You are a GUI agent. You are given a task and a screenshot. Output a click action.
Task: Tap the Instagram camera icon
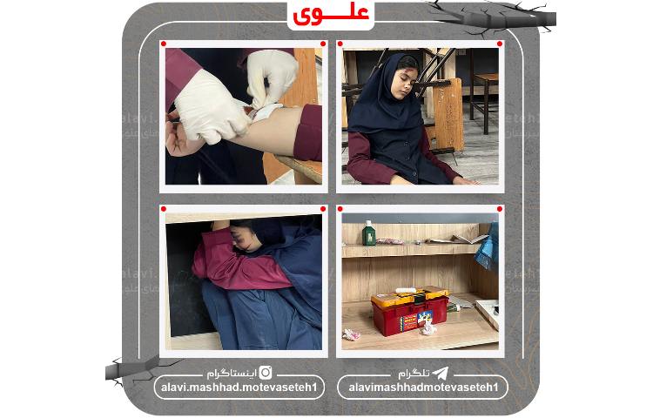click(266, 372)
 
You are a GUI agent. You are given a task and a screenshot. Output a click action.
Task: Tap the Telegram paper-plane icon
click(442, 372)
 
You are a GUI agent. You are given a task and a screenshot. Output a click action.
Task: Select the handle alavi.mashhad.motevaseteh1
click(239, 388)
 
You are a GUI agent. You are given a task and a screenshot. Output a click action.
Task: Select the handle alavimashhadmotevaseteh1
click(422, 388)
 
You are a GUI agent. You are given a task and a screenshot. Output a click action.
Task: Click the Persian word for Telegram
click(414, 372)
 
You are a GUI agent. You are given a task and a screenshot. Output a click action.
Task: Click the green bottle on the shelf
click(369, 233)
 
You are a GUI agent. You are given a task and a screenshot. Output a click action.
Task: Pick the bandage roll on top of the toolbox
click(406, 291)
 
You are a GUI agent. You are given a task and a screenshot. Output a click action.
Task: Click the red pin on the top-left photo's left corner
click(164, 44)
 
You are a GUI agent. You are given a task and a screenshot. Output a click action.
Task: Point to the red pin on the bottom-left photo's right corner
click(322, 210)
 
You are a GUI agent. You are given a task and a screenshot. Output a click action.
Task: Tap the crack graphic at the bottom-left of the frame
click(131, 367)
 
